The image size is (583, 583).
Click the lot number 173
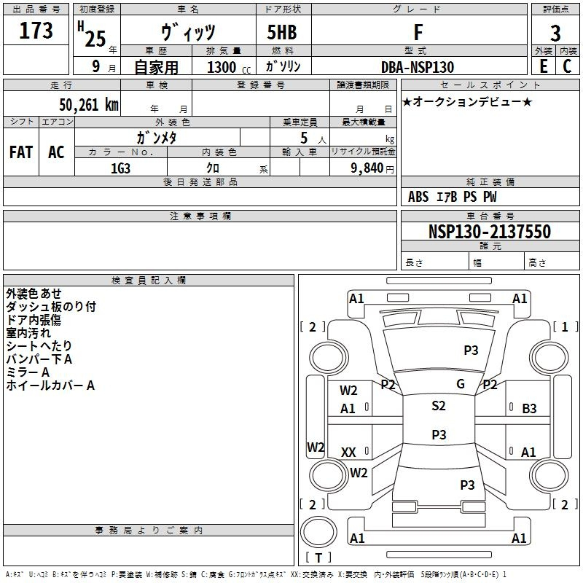click(x=36, y=31)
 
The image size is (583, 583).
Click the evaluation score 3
click(x=555, y=34)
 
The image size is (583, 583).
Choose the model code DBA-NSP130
click(x=418, y=67)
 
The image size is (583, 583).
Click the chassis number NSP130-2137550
click(x=489, y=232)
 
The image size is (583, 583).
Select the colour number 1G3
click(x=120, y=167)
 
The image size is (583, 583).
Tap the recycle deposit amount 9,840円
click(x=372, y=168)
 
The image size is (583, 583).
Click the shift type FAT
click(x=20, y=152)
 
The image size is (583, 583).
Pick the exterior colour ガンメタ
click(x=157, y=137)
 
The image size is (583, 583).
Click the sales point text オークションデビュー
click(x=467, y=102)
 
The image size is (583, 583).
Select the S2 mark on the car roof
click(x=438, y=406)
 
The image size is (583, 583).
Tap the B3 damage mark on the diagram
click(x=529, y=409)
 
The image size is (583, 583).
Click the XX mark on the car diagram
click(x=348, y=453)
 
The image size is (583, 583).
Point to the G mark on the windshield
click(x=461, y=384)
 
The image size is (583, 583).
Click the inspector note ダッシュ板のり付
click(x=50, y=307)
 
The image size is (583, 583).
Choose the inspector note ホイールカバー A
click(x=50, y=386)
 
